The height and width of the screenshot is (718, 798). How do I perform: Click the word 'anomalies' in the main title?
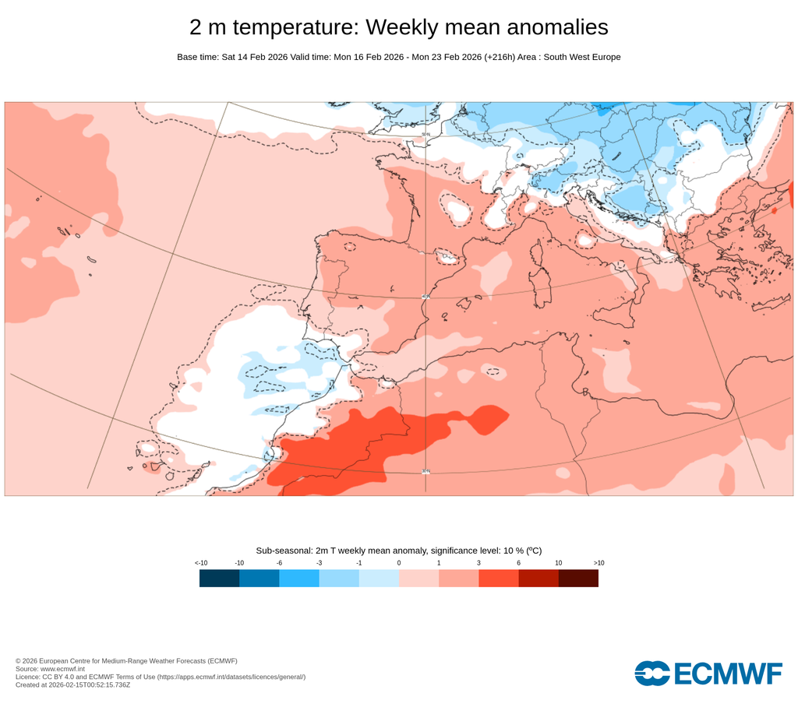tap(558, 27)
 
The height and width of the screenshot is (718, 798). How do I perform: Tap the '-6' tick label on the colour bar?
tap(279, 562)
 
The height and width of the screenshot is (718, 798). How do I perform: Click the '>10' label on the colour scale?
tap(598, 562)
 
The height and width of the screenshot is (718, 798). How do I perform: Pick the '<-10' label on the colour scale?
tap(200, 562)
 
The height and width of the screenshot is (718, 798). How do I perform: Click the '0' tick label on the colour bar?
tap(399, 562)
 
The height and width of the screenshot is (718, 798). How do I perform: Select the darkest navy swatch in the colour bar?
tap(219, 578)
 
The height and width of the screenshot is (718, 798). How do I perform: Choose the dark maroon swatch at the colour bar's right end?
tap(578, 578)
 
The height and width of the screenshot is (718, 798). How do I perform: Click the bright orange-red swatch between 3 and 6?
tap(499, 578)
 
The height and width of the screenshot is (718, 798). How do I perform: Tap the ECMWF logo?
tap(708, 674)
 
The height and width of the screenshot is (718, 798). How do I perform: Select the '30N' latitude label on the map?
tap(425, 471)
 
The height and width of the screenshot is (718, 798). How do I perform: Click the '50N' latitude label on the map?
tap(425, 135)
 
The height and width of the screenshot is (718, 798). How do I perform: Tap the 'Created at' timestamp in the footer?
tap(72, 685)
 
